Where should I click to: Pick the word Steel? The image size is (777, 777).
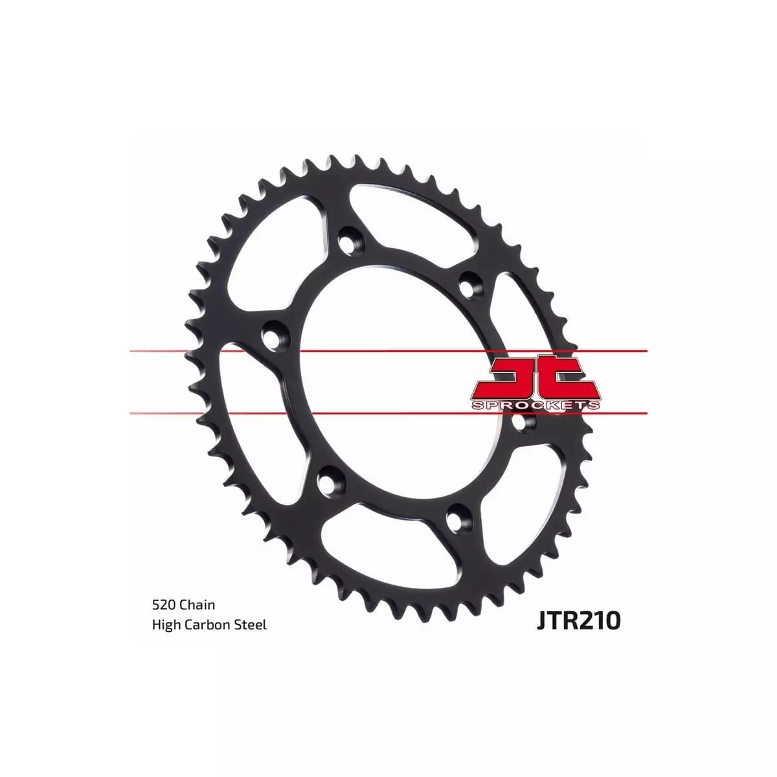(x=252, y=625)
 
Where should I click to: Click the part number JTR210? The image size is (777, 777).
(x=578, y=620)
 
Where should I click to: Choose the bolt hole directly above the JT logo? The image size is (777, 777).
(x=469, y=283)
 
